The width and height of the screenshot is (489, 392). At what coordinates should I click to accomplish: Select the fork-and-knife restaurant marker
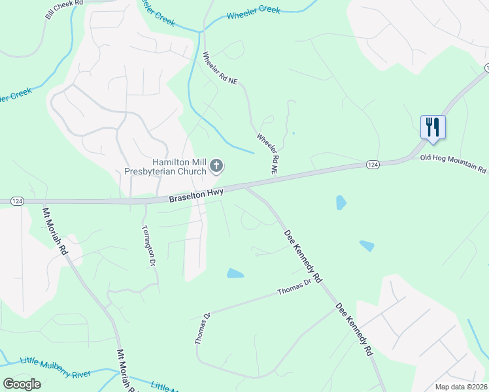(x=432, y=127)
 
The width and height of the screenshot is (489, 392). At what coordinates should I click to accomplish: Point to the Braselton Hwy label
(x=196, y=195)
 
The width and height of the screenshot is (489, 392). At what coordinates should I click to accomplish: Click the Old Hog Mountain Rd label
(x=453, y=163)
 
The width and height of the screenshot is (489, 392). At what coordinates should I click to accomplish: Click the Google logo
(x=22, y=384)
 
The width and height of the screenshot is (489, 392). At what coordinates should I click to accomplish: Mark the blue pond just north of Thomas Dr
(x=235, y=273)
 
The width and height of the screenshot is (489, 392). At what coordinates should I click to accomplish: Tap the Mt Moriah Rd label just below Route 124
(x=55, y=231)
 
